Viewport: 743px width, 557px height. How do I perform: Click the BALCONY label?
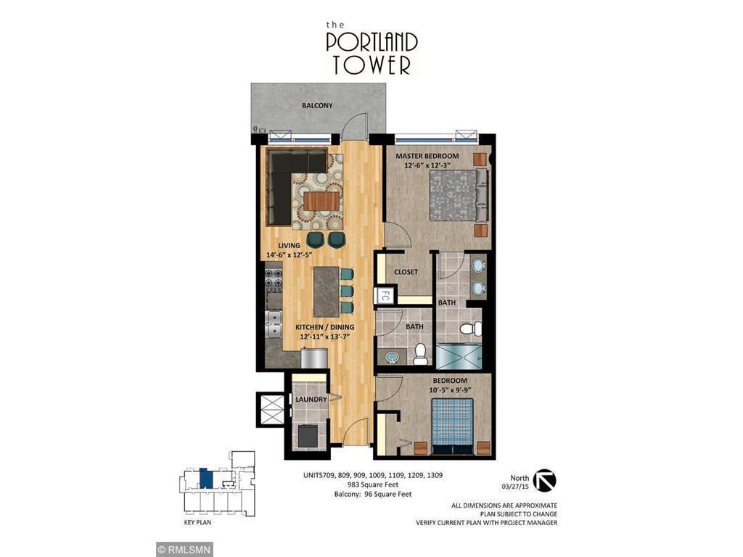317,106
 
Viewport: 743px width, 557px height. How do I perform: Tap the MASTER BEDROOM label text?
427,156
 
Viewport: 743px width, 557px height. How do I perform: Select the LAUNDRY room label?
310,400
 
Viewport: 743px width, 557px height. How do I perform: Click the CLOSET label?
406,272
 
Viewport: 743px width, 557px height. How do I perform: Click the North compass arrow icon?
544,480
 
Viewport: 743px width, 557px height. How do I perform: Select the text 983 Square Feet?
372,484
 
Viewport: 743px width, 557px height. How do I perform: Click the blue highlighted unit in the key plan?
206,479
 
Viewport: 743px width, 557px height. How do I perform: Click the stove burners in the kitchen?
273,279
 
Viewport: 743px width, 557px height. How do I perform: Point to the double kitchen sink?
274,324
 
